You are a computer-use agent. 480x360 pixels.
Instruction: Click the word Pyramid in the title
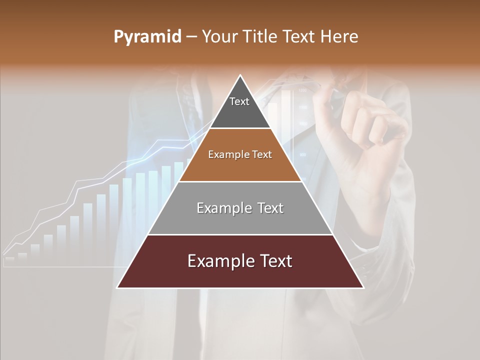click(x=147, y=37)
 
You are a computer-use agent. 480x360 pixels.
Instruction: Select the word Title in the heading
click(x=259, y=37)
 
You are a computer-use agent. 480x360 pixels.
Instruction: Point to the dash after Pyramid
click(x=191, y=37)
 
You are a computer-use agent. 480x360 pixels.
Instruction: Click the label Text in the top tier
click(x=239, y=101)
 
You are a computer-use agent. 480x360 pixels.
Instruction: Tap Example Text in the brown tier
click(x=240, y=154)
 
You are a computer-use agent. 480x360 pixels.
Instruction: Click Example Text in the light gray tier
click(x=240, y=208)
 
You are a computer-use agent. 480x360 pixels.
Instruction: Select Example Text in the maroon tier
click(x=240, y=261)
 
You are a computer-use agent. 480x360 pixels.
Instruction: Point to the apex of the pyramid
click(x=240, y=76)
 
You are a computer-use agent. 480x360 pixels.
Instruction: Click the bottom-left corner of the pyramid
click(x=117, y=287)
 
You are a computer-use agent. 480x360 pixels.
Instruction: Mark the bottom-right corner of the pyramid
click(x=363, y=287)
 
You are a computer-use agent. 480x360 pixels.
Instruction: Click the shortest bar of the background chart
click(x=9, y=259)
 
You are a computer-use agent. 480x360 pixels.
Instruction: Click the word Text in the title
click(x=299, y=37)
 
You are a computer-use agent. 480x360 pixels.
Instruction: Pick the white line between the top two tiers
click(x=240, y=128)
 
